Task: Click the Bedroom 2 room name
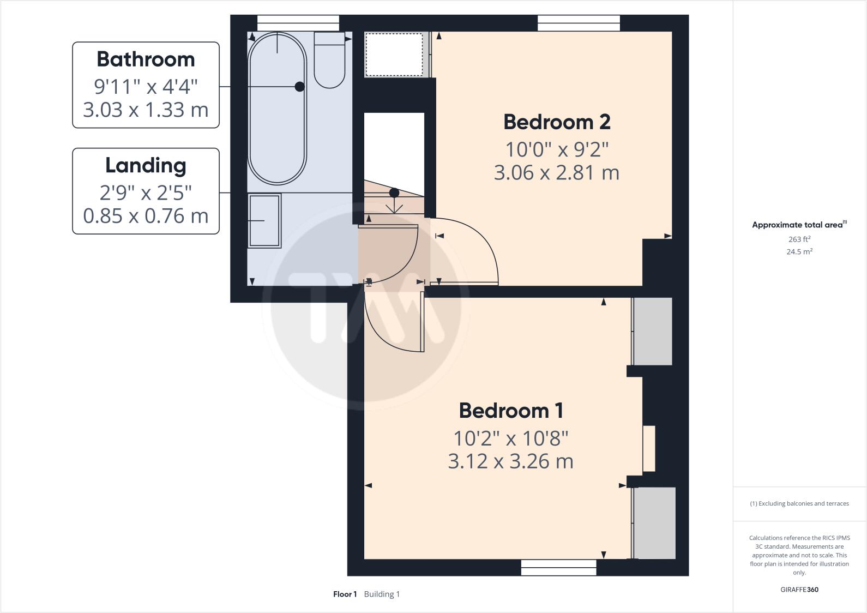pyautogui.click(x=557, y=122)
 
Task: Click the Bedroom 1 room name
pyautogui.click(x=511, y=411)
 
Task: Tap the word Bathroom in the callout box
pyautogui.click(x=146, y=59)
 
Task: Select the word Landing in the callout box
pyautogui.click(x=146, y=165)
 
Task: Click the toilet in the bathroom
pyautogui.click(x=329, y=60)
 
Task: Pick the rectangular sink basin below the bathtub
pyautogui.click(x=264, y=220)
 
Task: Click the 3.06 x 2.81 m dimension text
pyautogui.click(x=557, y=173)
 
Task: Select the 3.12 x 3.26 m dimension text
pyautogui.click(x=511, y=461)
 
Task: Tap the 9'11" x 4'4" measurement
pyautogui.click(x=146, y=86)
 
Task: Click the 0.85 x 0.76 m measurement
pyautogui.click(x=146, y=216)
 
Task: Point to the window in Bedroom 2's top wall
pyautogui.click(x=579, y=23)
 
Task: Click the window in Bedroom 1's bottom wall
pyautogui.click(x=558, y=568)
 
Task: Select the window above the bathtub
pyautogui.click(x=298, y=23)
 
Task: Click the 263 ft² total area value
pyautogui.click(x=799, y=239)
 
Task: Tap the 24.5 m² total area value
pyautogui.click(x=799, y=251)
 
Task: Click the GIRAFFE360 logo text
pyautogui.click(x=799, y=589)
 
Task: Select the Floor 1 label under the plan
pyautogui.click(x=345, y=594)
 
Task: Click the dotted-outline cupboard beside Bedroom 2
pyautogui.click(x=394, y=55)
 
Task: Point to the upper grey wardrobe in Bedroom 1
pyautogui.click(x=653, y=331)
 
